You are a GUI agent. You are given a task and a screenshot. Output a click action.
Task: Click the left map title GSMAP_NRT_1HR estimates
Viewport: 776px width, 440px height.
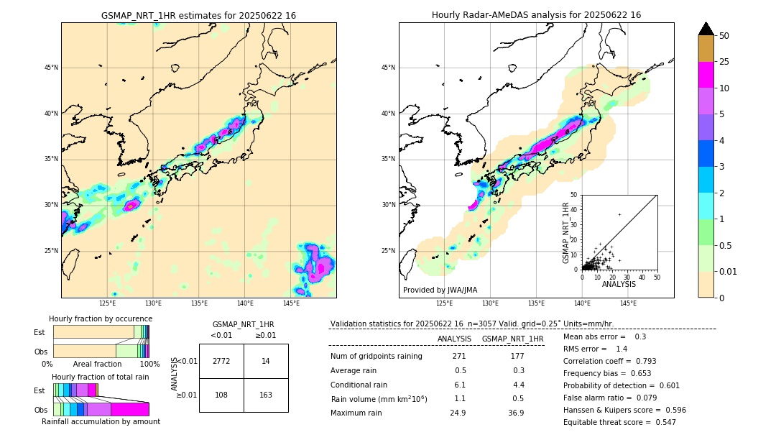[198, 15]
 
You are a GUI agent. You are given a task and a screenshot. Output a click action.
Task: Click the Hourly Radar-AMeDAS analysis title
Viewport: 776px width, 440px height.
[536, 15]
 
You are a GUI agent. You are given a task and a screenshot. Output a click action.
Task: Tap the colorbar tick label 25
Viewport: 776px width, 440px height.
[724, 62]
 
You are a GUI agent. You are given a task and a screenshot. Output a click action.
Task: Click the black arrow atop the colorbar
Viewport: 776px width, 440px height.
[706, 29]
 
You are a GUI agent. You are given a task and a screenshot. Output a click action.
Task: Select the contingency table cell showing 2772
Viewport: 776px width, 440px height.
[221, 361]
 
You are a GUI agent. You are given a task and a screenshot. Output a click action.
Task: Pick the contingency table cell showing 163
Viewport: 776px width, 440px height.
[266, 395]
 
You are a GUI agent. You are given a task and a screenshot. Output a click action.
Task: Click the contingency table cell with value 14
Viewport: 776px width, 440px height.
[266, 361]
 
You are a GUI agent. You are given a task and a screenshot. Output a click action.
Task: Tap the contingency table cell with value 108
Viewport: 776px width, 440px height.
[221, 395]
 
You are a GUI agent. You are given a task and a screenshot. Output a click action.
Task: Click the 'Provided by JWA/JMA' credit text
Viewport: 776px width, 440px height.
[440, 290]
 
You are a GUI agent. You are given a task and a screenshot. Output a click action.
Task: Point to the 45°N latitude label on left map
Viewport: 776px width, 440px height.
[51, 68]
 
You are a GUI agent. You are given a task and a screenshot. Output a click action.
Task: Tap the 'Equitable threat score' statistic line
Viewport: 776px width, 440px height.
[619, 422]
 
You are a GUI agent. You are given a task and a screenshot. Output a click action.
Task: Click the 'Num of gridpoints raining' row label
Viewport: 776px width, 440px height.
[376, 357]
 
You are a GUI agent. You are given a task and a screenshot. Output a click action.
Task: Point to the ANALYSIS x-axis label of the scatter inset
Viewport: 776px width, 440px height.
[619, 284]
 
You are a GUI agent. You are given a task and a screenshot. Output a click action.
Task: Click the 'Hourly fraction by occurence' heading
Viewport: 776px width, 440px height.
[101, 318]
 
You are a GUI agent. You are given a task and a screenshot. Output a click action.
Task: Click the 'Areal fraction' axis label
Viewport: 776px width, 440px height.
[97, 364]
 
